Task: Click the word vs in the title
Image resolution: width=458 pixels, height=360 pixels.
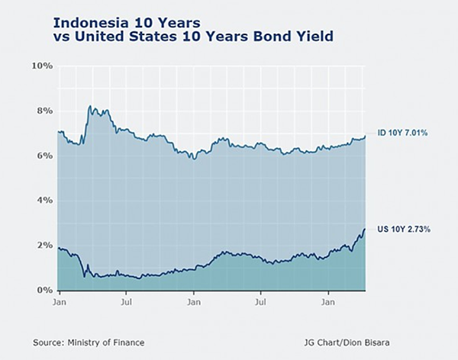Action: click(x=61, y=36)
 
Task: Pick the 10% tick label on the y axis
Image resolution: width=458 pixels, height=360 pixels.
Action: click(x=41, y=66)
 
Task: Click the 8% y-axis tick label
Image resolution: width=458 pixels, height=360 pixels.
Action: click(x=44, y=111)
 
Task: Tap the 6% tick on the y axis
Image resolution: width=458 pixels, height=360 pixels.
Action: click(x=44, y=156)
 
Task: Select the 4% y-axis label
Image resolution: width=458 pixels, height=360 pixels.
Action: click(x=44, y=201)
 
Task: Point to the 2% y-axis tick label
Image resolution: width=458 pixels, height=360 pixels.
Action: click(x=44, y=246)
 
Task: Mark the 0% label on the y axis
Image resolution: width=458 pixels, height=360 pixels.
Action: click(x=44, y=291)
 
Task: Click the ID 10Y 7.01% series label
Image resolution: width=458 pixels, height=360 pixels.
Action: click(x=402, y=133)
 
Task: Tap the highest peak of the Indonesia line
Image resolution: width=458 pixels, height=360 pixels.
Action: click(x=90, y=106)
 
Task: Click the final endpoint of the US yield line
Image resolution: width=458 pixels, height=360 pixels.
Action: click(x=365, y=229)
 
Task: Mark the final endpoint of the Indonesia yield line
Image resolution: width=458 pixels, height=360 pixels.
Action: click(x=365, y=136)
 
